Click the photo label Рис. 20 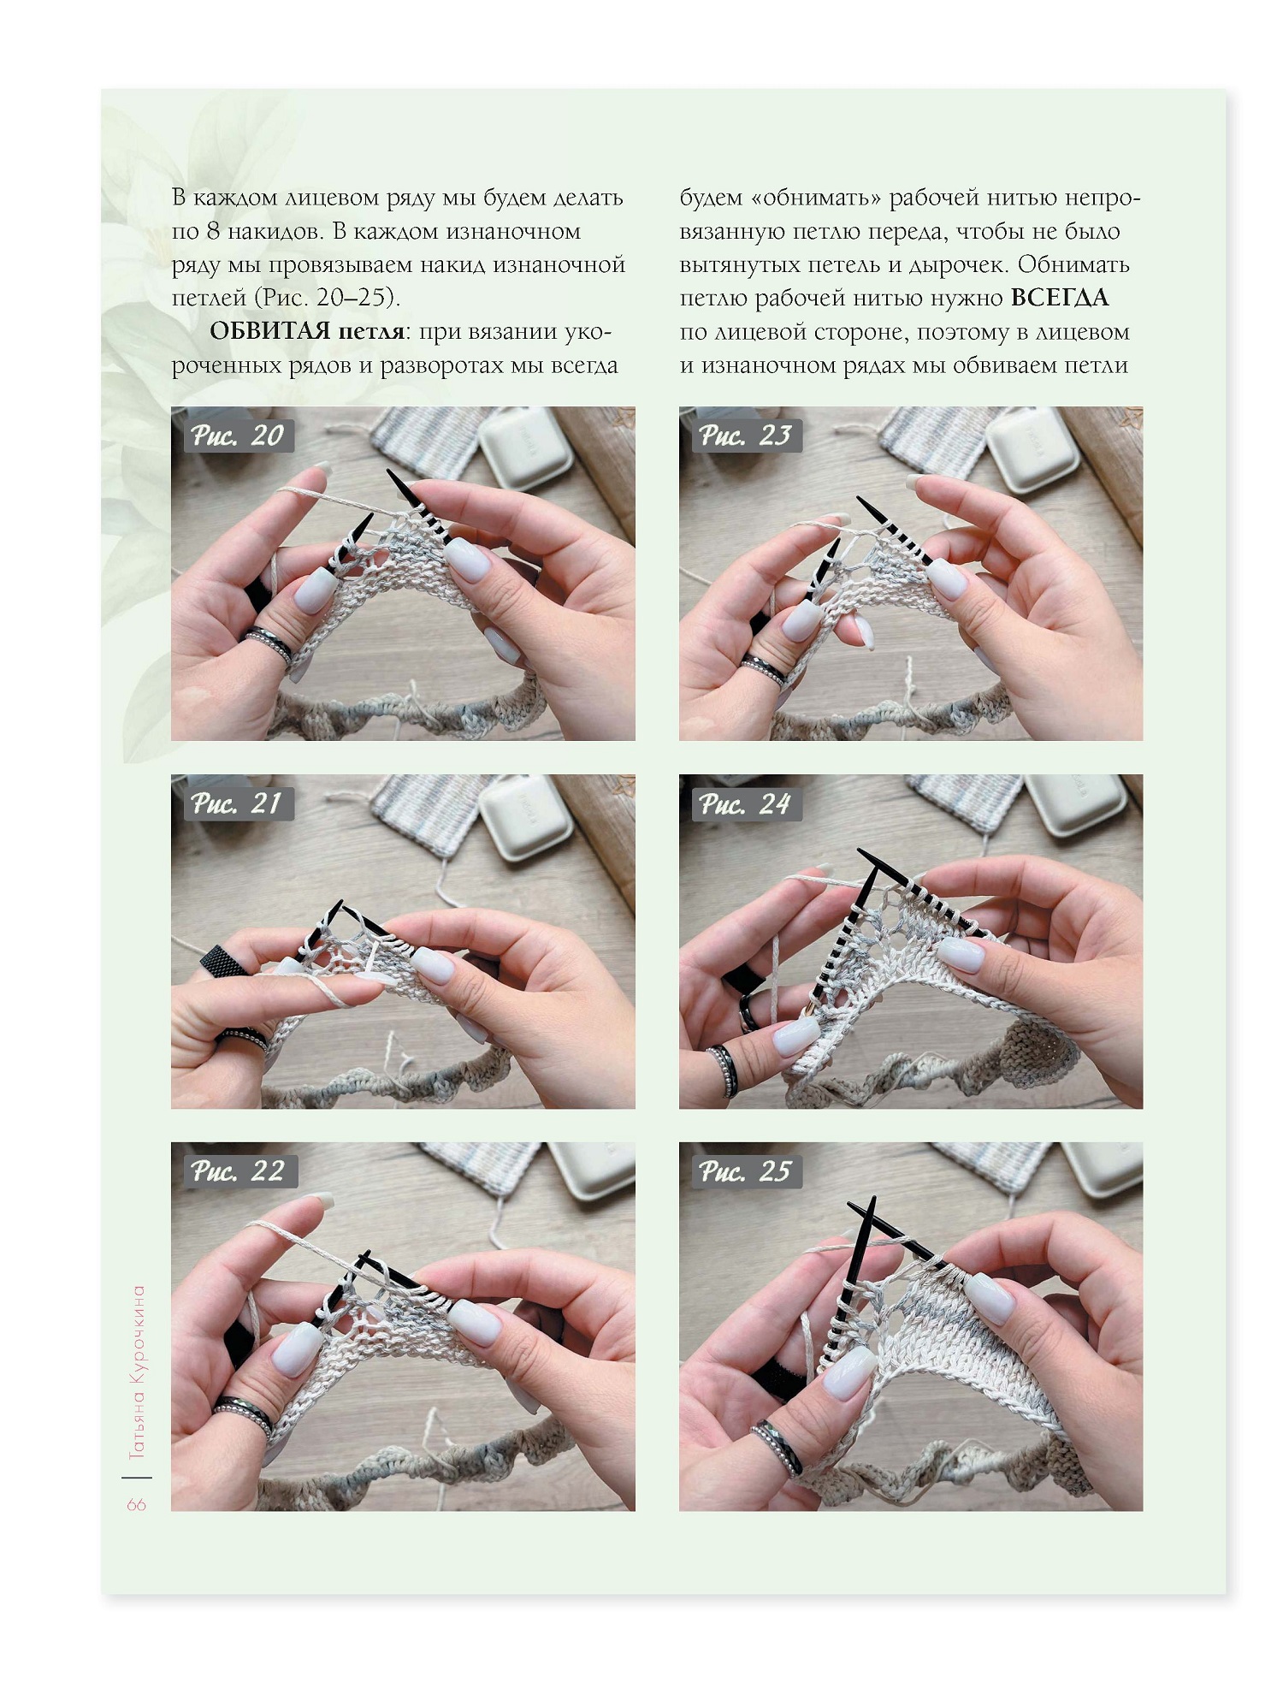[x=238, y=436]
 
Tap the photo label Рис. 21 [x=238, y=804]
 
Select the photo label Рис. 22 [x=239, y=1171]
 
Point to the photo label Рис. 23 [x=746, y=436]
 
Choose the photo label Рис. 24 [x=746, y=804]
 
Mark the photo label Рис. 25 [x=746, y=1171]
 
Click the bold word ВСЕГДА [x=1060, y=299]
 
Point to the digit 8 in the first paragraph [x=212, y=232]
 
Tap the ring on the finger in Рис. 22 [x=243, y=1416]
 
